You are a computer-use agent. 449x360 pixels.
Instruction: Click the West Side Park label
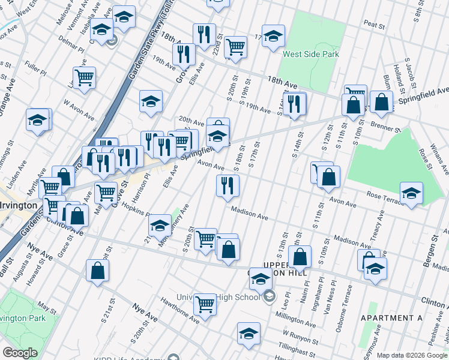pyautogui.click(x=312, y=55)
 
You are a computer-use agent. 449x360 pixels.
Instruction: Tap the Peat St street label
pyautogui.click(x=374, y=25)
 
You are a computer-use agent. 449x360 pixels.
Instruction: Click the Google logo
pyautogui.click(x=20, y=353)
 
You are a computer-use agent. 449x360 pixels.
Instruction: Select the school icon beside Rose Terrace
pyautogui.click(x=412, y=193)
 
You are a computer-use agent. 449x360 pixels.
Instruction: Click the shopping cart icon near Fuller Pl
pyautogui.click(x=84, y=77)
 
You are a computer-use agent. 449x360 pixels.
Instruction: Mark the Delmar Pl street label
pyautogui.click(x=56, y=43)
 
